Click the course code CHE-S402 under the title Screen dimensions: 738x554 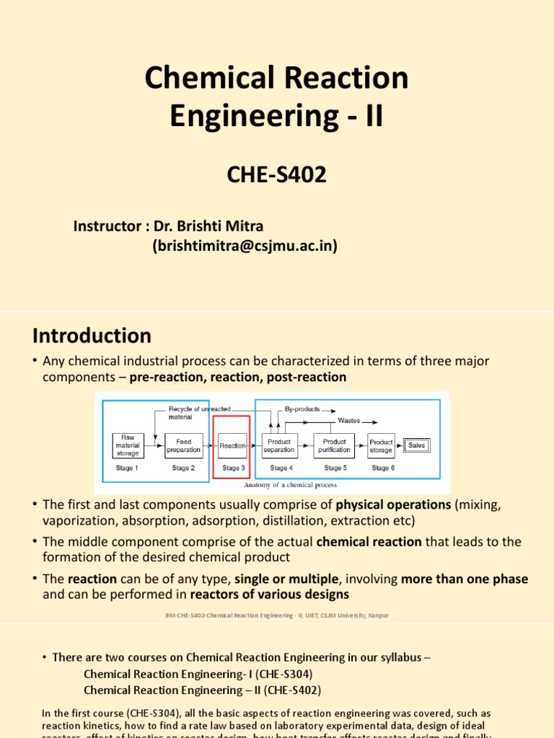coord(277,174)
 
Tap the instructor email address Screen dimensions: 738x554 coord(245,246)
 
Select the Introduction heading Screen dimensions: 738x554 coord(92,336)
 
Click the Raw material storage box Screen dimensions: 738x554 coord(128,445)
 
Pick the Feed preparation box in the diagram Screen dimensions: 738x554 coord(183,445)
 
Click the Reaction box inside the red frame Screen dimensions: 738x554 coord(232,445)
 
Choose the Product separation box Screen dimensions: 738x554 coord(279,445)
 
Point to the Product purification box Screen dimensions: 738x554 coord(335,445)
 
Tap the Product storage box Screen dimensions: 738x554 coord(381,445)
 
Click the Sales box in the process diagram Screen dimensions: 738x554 coord(417,445)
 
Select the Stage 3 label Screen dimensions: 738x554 coord(232,468)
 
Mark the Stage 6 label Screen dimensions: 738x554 coord(383,468)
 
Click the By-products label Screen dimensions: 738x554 coord(303,408)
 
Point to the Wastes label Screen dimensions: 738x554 coord(349,420)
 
